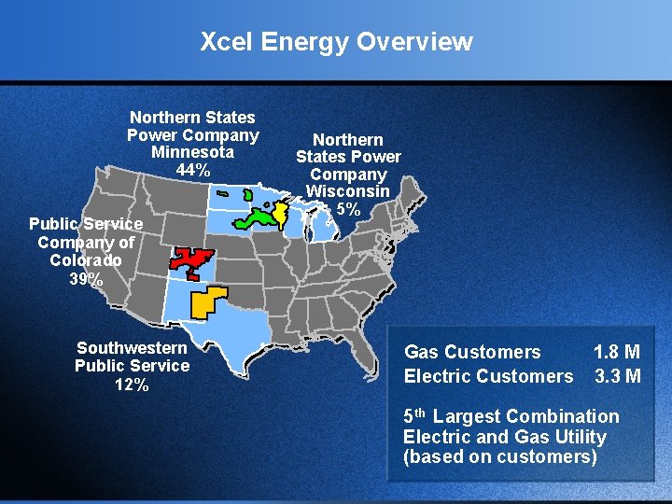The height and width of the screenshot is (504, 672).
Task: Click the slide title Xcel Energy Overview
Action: coord(336,42)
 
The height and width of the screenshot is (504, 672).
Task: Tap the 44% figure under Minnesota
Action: coord(192,171)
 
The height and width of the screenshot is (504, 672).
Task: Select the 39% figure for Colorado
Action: coord(86,278)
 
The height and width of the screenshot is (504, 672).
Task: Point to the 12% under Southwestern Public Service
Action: coord(132,384)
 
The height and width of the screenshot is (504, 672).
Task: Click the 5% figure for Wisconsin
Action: coord(348,209)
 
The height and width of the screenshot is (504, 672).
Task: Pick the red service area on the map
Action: coord(191,262)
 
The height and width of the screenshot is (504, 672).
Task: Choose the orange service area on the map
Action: coord(207,301)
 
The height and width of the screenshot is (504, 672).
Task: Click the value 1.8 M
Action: coord(617,352)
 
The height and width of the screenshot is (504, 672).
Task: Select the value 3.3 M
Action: coord(617,376)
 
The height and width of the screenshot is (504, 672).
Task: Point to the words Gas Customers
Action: coord(472,352)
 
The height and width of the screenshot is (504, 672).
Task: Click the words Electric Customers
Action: coord(488,376)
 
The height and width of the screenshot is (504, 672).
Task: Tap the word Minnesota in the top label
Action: coord(192,152)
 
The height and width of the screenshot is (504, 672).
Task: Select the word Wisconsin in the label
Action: coord(348,191)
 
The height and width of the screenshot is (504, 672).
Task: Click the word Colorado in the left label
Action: coord(86,259)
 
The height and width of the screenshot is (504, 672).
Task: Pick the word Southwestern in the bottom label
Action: coord(132,347)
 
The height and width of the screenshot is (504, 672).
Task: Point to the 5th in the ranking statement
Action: coord(415,416)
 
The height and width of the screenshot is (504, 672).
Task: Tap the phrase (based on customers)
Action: coord(499,457)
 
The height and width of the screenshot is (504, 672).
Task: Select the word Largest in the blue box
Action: coord(468,416)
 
